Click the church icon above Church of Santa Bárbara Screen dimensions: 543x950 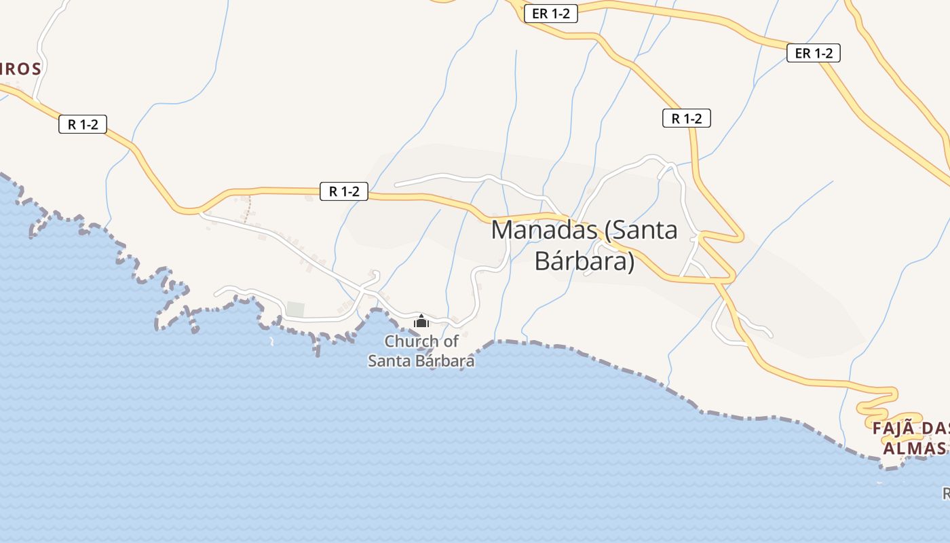tap(421, 320)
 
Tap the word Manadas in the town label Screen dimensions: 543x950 tap(544, 229)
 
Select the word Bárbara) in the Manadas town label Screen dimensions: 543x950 tap(584, 261)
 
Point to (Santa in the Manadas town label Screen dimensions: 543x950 tap(641, 229)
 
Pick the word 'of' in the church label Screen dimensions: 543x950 tap(449, 341)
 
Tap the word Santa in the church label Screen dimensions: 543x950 tap(389, 361)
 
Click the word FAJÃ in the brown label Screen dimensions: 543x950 tap(895, 429)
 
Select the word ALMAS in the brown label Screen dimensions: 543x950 tap(913, 449)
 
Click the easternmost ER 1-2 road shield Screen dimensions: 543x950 tap(814, 53)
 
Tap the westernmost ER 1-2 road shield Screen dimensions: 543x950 tap(550, 14)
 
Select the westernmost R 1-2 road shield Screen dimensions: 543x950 tap(83, 124)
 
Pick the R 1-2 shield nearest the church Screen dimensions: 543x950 tap(344, 191)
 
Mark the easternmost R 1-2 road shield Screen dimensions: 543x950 tap(686, 119)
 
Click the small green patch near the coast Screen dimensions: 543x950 tap(295, 310)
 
